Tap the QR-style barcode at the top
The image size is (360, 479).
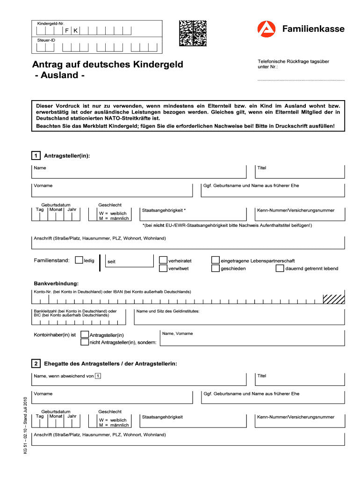tap(193, 32)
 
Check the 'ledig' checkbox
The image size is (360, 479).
tap(79, 260)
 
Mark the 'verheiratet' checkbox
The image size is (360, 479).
tap(163, 260)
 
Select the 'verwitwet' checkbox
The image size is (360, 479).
tap(163, 269)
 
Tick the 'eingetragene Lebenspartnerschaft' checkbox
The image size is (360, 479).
tap(215, 260)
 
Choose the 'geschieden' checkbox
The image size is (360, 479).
tap(215, 269)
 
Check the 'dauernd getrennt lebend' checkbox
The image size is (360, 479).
tap(280, 269)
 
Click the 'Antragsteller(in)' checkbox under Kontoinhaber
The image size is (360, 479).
tap(85, 334)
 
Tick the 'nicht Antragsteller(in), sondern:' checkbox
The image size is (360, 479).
tap(85, 342)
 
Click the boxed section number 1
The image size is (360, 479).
tap(36, 155)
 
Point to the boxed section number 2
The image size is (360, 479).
tap(36, 363)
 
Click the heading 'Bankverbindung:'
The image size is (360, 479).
tap(56, 284)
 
